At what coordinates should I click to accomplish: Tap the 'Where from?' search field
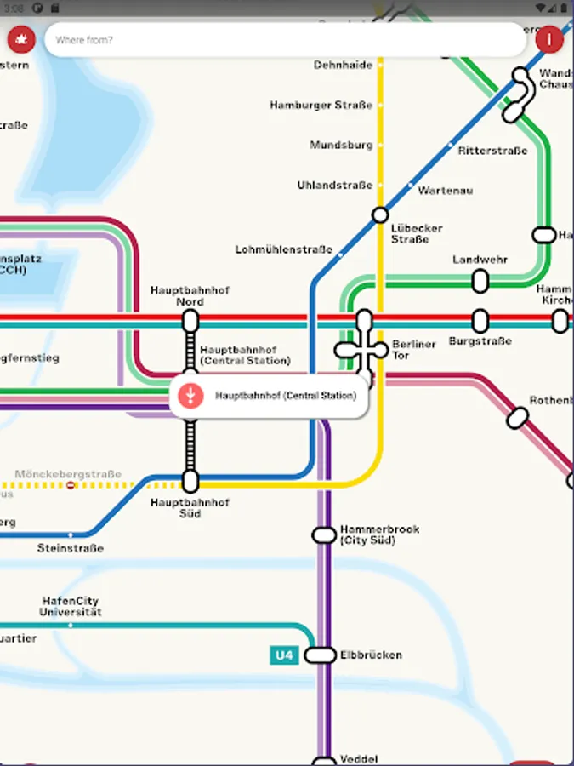point(285,40)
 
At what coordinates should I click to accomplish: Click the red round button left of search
point(20,38)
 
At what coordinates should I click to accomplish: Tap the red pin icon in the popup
point(191,395)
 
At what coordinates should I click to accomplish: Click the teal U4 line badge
point(283,655)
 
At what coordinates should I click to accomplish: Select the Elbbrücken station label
point(371,655)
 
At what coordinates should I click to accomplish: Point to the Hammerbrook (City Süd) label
point(379,534)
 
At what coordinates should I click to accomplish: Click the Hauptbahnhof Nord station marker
point(190,321)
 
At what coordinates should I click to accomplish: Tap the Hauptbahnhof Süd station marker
point(190,481)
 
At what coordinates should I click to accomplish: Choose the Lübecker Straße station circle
point(380,214)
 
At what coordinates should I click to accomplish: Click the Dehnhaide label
point(343,65)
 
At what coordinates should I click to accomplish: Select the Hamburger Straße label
point(321,106)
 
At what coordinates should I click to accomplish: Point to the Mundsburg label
point(341,146)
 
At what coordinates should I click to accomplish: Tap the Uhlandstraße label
point(334,186)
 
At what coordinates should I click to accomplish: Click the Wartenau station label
point(445,191)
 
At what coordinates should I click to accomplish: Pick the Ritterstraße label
point(492,151)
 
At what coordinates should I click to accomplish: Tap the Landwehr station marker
point(480,280)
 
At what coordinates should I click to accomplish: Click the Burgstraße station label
point(480,341)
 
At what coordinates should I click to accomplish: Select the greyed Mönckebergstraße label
point(68,474)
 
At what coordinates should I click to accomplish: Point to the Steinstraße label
point(70,548)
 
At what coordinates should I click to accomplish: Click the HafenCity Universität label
point(71,606)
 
